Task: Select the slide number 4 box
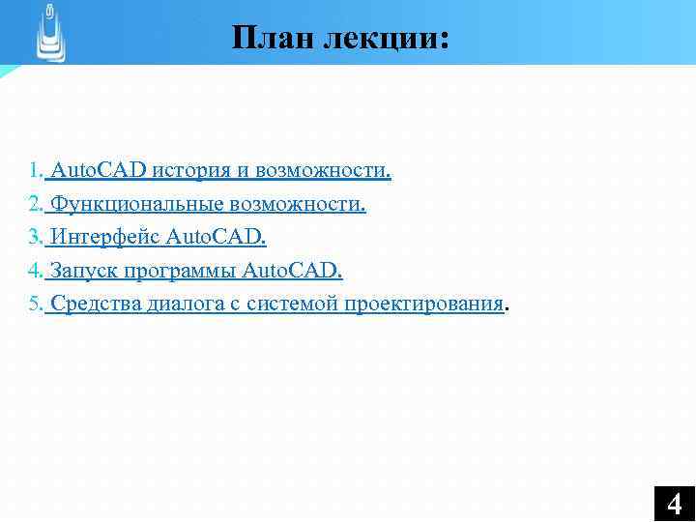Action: click(x=674, y=503)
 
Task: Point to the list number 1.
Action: click(x=34, y=171)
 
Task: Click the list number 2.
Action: click(x=34, y=205)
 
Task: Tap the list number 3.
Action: click(x=34, y=238)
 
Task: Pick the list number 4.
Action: click(x=34, y=271)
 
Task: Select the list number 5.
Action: click(x=34, y=304)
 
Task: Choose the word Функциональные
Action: click(x=139, y=205)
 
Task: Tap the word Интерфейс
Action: click(x=105, y=238)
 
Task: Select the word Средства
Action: click(x=96, y=304)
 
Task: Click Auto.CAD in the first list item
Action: click(x=98, y=171)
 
